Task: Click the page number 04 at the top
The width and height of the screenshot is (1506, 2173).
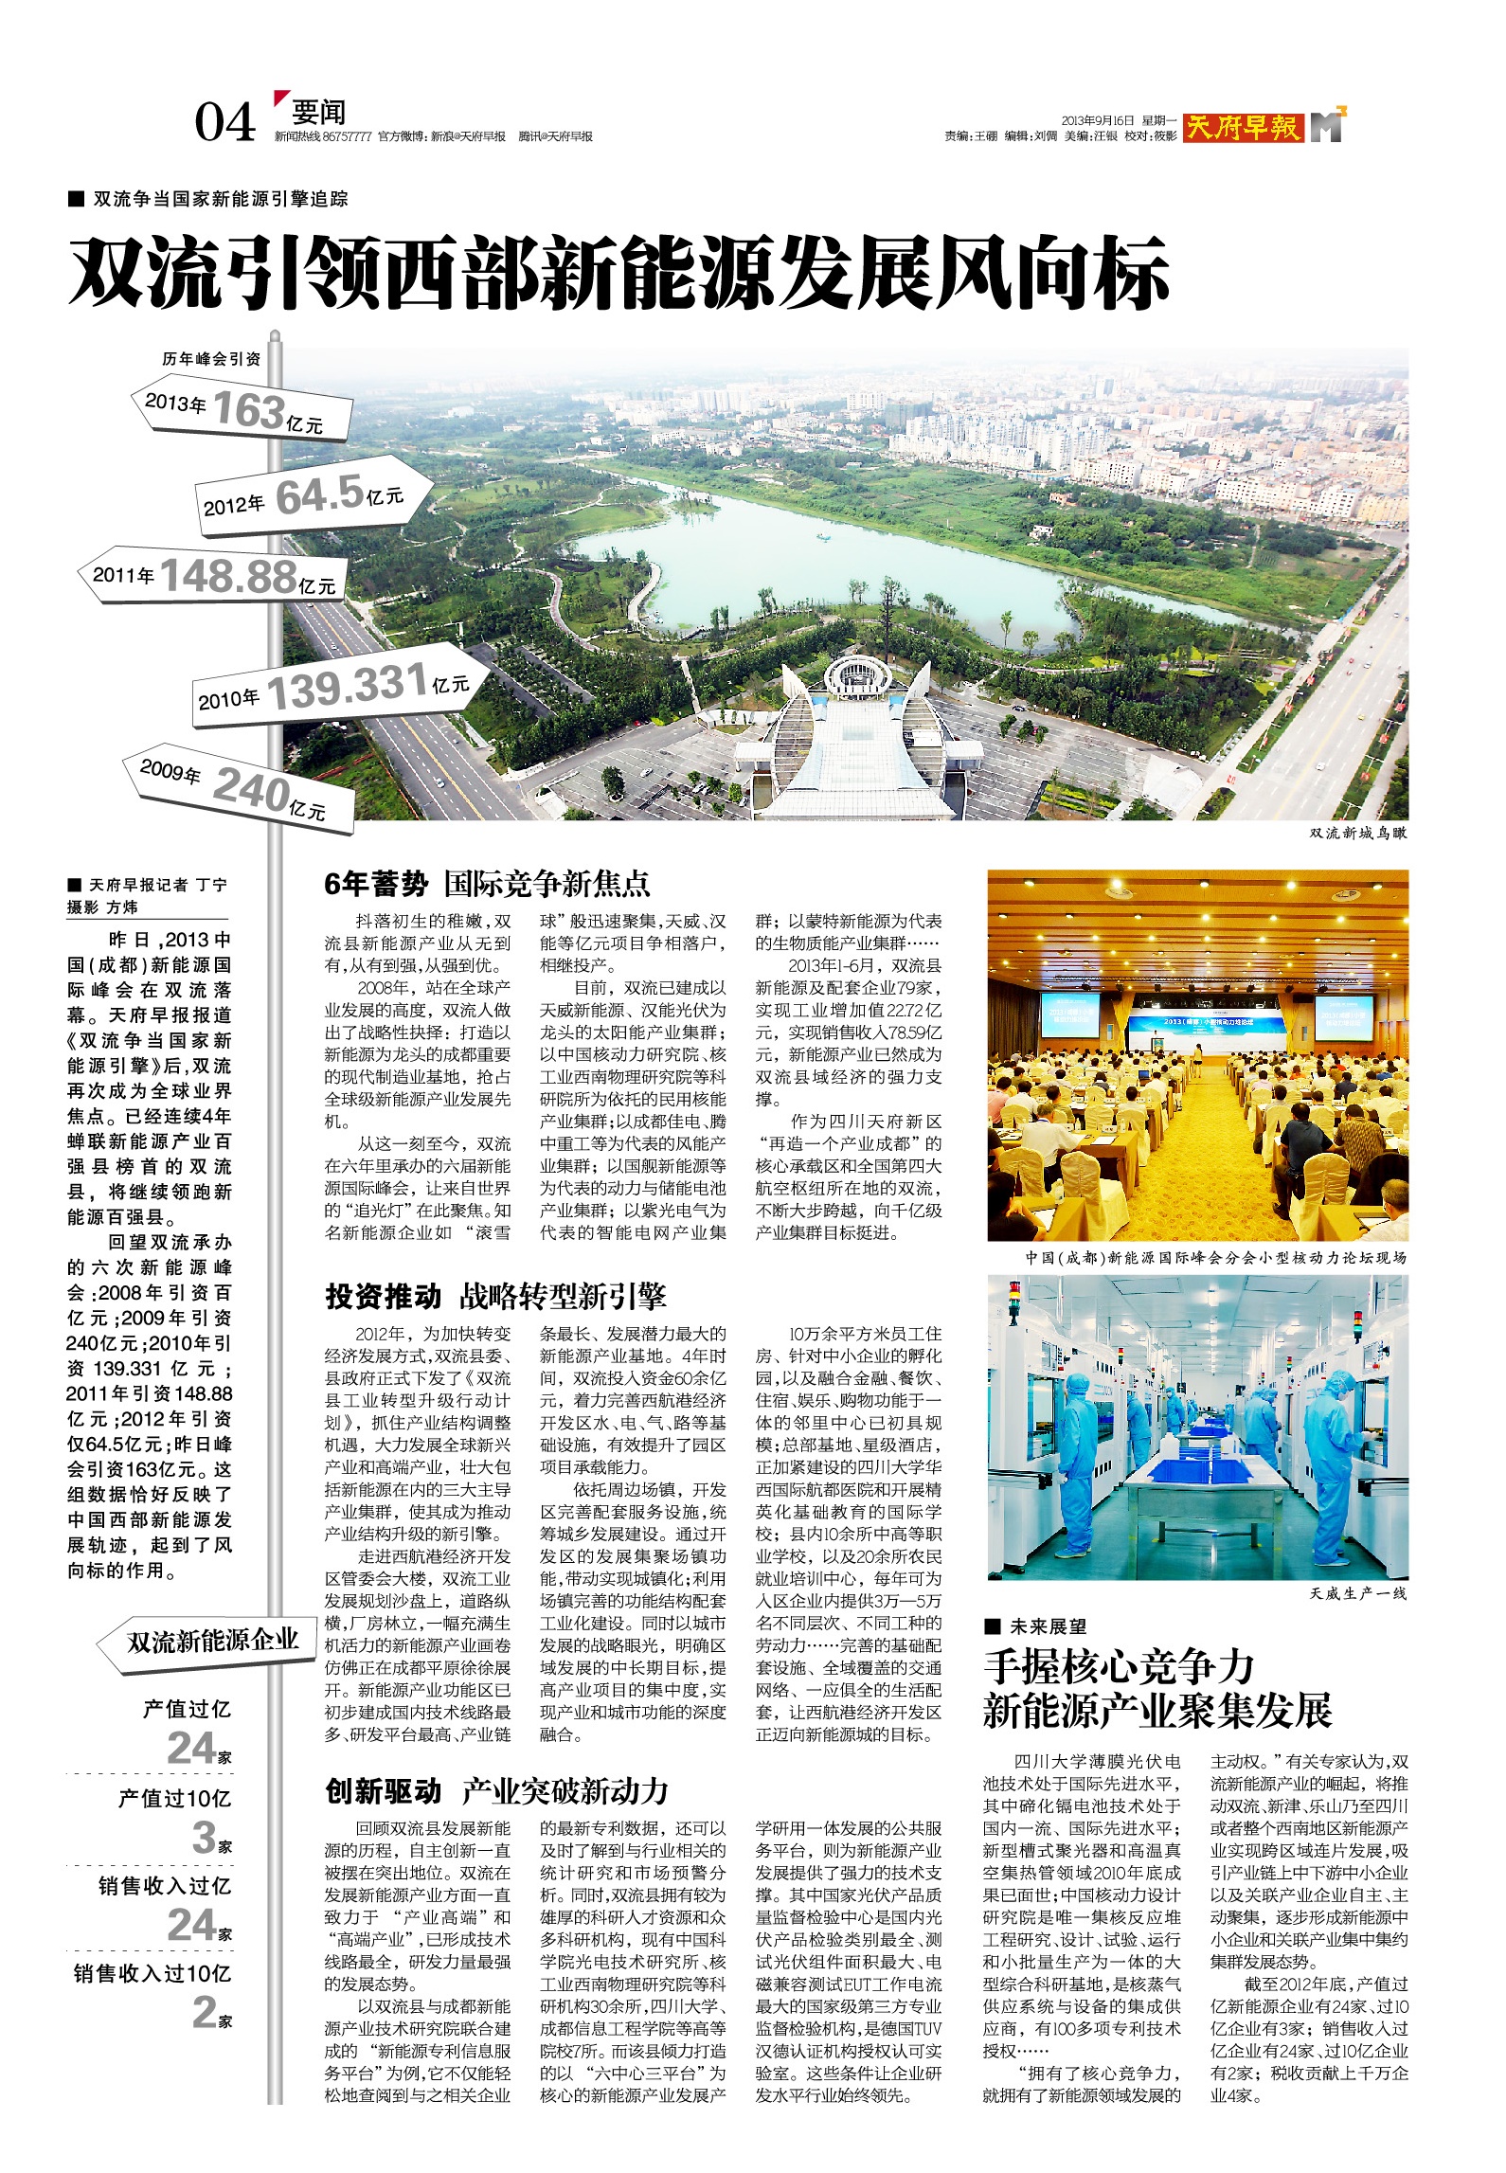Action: (225, 122)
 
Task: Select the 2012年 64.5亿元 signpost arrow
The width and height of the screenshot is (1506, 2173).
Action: (313, 496)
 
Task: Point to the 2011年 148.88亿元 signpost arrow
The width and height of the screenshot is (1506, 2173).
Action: (213, 576)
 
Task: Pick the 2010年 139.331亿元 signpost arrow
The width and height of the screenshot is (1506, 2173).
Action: (341, 686)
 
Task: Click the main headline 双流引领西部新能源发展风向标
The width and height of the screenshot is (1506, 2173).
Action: (620, 275)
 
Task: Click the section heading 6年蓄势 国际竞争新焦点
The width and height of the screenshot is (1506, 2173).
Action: (487, 884)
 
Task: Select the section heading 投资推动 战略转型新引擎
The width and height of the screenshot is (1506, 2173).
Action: (495, 1296)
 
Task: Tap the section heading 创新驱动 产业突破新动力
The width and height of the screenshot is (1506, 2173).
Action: (496, 1791)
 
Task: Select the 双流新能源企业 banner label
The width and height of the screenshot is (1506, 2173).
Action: (212, 1641)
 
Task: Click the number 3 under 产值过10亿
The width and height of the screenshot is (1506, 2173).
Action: (205, 1838)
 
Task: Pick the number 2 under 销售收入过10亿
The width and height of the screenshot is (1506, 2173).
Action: (205, 2012)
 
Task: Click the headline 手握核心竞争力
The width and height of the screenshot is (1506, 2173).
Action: (1119, 1667)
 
